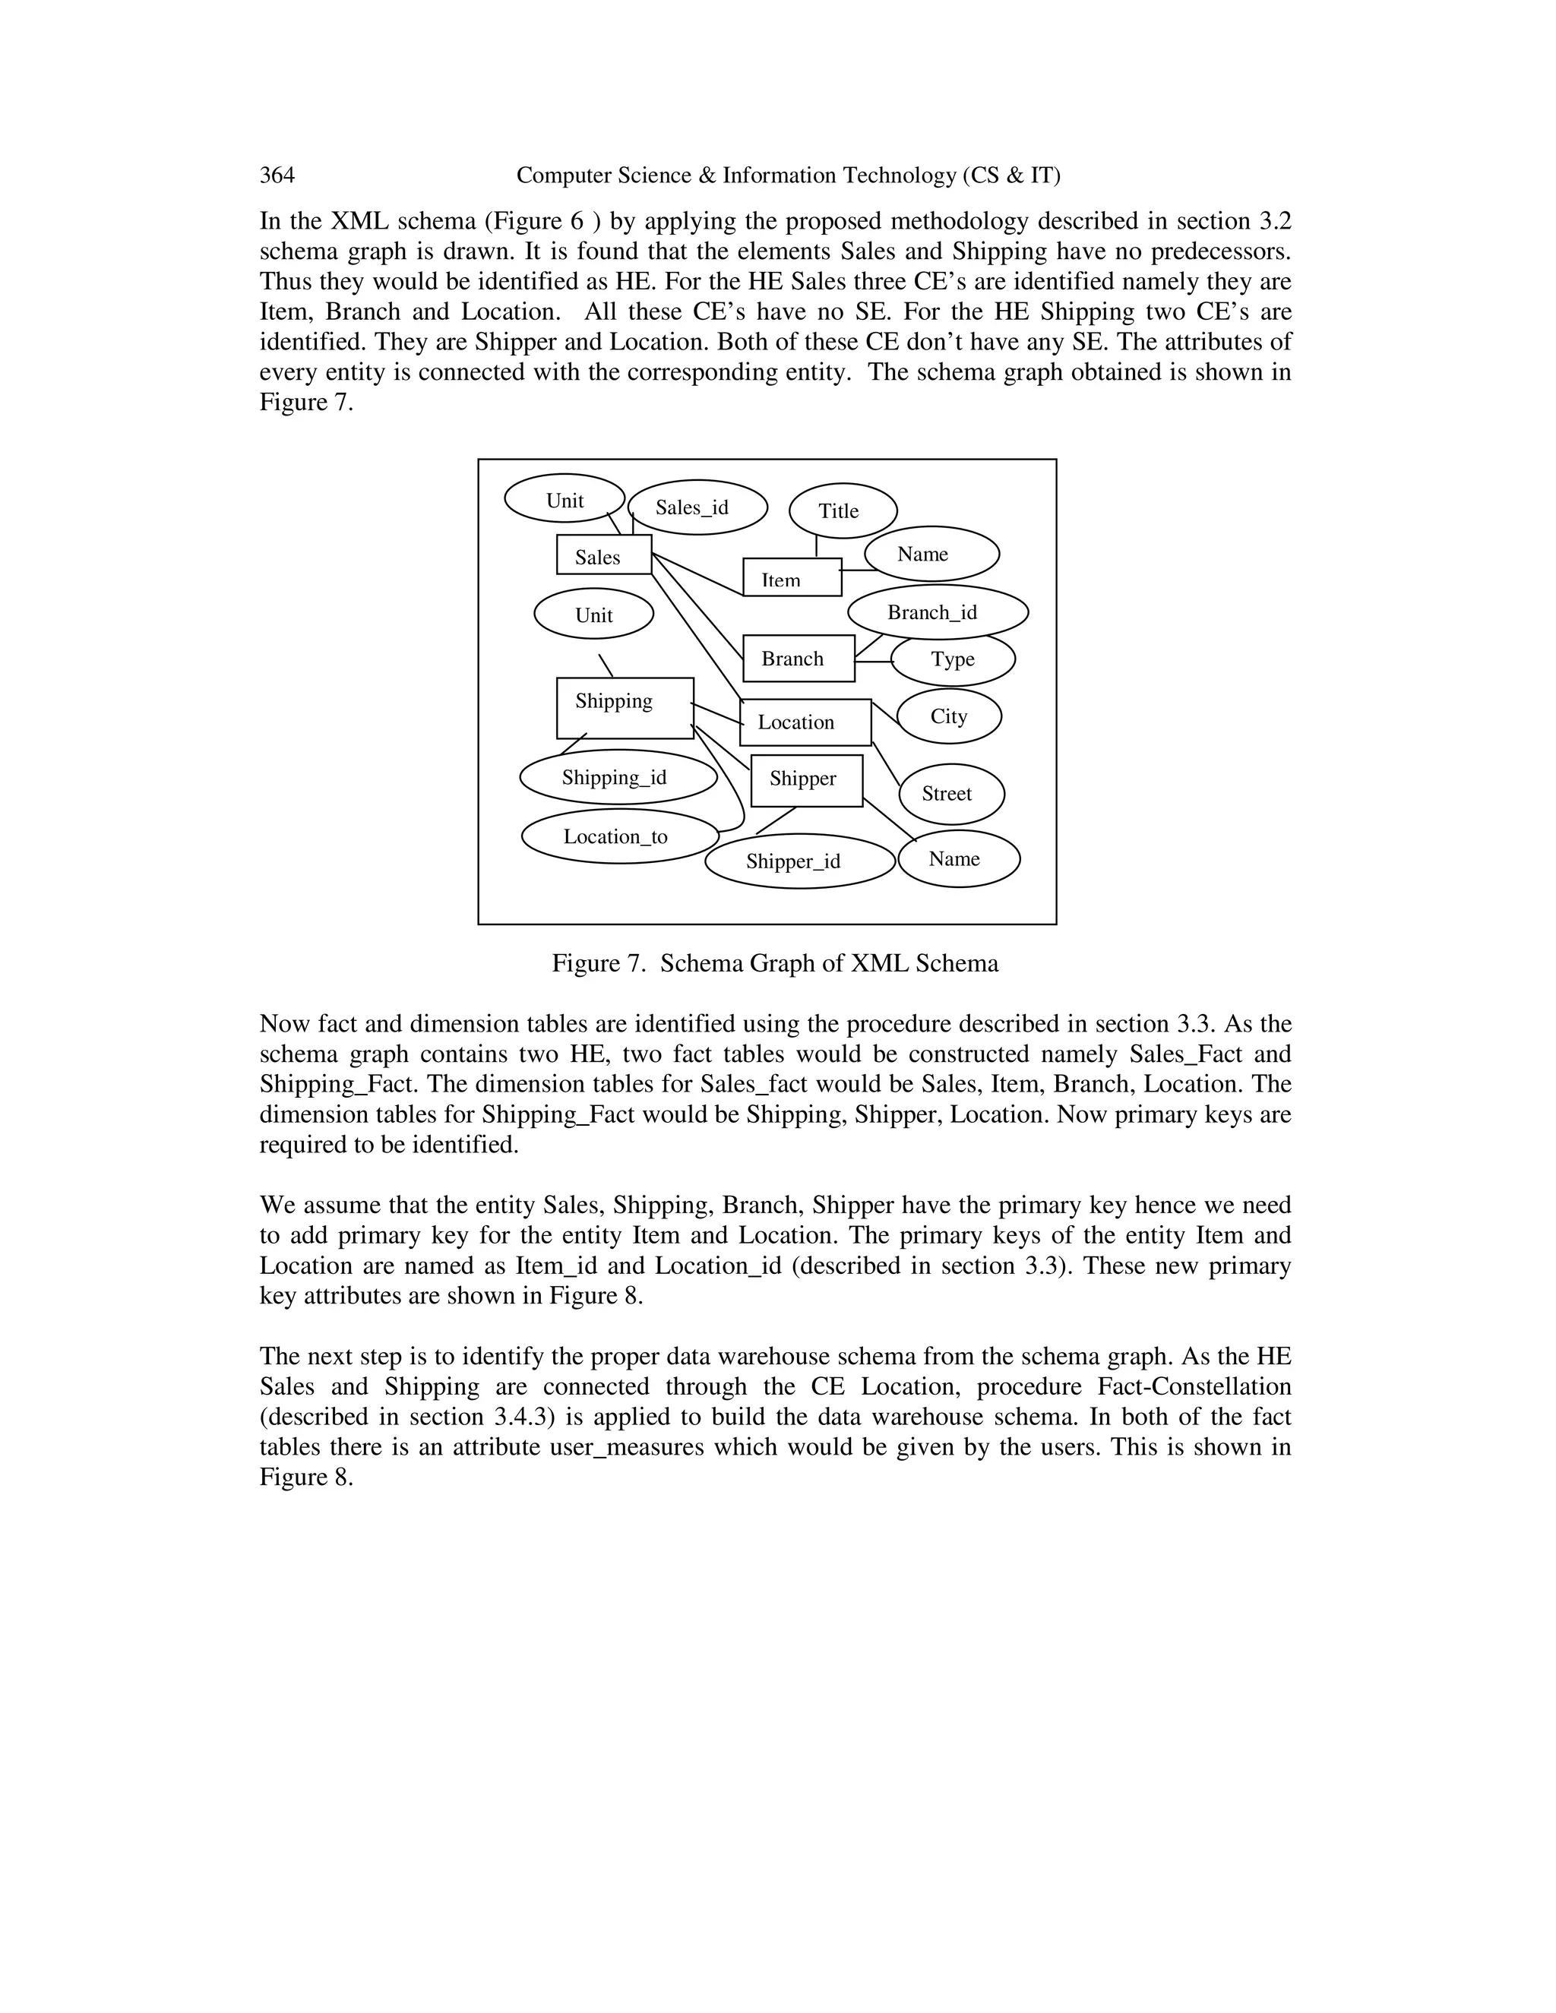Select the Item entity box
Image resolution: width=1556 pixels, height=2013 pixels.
[792, 578]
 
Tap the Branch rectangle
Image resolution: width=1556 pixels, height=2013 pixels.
[799, 658]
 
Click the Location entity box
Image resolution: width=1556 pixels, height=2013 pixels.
[805, 722]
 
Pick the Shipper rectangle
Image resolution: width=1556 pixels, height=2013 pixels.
[807, 780]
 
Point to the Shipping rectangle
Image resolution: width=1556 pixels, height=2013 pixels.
[624, 708]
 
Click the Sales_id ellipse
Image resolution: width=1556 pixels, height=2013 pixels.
[697, 507]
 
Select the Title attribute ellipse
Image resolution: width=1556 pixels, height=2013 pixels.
[843, 510]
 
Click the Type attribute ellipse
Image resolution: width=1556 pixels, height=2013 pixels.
[954, 660]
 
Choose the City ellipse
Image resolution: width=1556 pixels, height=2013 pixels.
[948, 716]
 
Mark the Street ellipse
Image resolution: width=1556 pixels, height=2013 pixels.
[950, 794]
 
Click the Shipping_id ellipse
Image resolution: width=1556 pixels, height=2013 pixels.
[618, 777]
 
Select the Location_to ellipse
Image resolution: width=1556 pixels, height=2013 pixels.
[618, 836]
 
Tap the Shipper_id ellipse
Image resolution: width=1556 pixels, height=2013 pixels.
[799, 861]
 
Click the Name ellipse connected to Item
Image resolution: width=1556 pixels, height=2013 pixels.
[931, 554]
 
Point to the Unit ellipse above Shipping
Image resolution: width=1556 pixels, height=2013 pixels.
[593, 615]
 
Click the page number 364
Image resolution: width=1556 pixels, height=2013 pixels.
[277, 175]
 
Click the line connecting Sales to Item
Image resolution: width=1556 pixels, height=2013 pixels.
[697, 574]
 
